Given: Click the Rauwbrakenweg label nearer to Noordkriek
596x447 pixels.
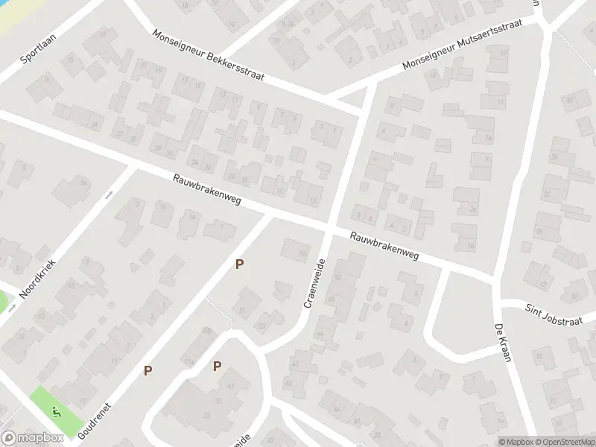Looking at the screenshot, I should click(x=207, y=190).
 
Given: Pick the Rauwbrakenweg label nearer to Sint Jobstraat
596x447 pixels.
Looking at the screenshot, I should click(x=385, y=247).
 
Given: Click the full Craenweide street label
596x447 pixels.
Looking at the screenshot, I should click(x=314, y=283).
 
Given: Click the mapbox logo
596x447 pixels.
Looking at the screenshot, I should click(x=31, y=438).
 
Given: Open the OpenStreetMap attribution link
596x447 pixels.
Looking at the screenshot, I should click(x=563, y=442).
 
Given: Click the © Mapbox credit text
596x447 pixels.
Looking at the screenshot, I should click(x=516, y=442).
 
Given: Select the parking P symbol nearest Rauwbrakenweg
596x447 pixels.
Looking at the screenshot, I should click(x=239, y=264).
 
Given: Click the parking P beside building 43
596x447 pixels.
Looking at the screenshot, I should click(x=217, y=366).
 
